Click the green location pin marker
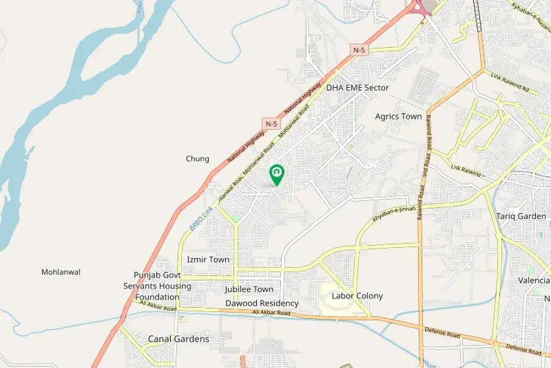coord(277,174)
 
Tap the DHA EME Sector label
coord(358,88)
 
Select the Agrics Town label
coord(399,117)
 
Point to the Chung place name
coord(197,159)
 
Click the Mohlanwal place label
coord(61,272)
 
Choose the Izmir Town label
coord(208,259)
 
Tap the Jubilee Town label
coord(249,289)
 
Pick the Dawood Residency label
coord(261,303)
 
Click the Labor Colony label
coord(357,296)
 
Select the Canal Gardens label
coord(178,339)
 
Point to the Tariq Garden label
coord(520,217)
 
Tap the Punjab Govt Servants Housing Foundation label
coord(157,286)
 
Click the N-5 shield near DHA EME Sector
coord(360,48)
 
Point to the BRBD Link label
coord(201,220)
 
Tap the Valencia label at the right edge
coord(534,280)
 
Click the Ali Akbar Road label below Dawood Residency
coord(271,313)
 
